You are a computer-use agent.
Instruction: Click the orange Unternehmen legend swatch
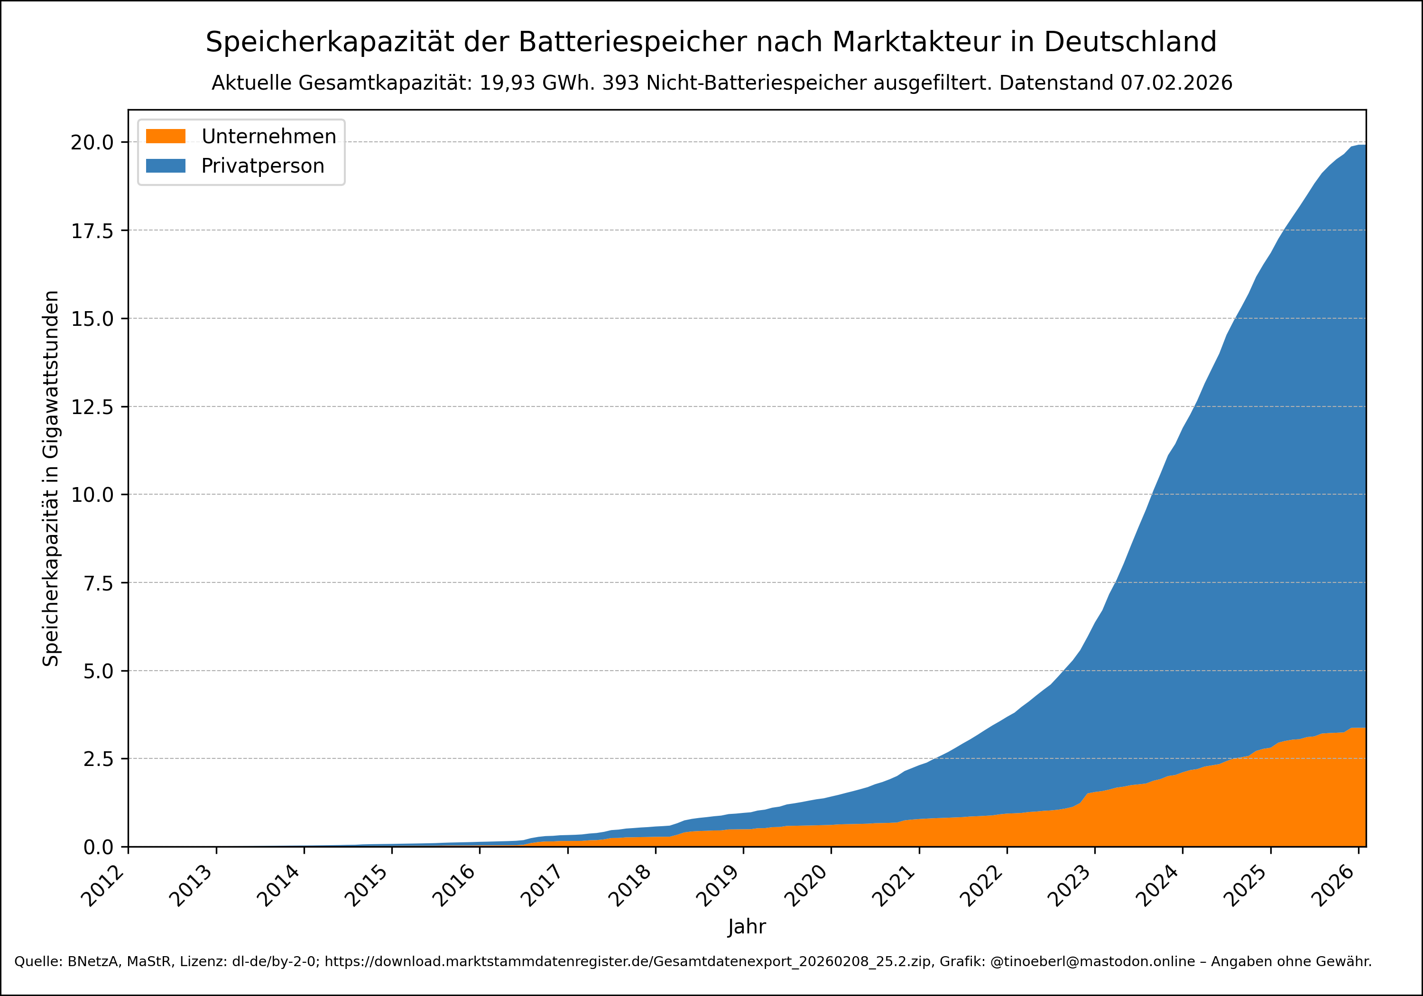[166, 136]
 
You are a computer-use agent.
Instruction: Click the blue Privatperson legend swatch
[166, 166]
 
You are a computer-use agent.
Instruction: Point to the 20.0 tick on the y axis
[92, 143]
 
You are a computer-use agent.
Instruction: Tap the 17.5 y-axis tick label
[92, 231]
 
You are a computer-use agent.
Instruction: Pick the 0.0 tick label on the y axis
[99, 847]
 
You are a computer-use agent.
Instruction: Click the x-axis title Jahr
[747, 927]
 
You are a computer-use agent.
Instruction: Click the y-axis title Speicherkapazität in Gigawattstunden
[51, 479]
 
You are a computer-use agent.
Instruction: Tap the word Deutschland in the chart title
[1130, 42]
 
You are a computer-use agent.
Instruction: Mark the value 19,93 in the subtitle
[508, 83]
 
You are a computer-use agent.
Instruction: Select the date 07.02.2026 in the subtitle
[1176, 83]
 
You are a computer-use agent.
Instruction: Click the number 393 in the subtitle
[620, 83]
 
